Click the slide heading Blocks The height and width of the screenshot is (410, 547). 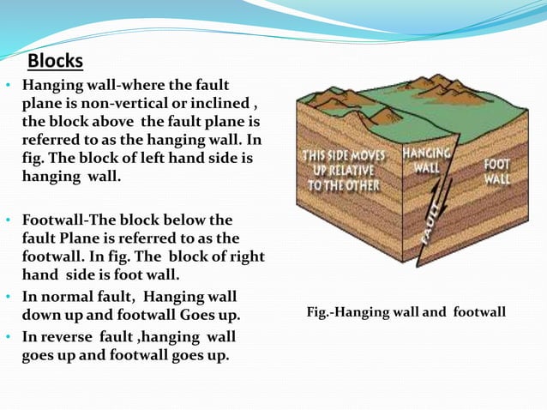tap(56, 62)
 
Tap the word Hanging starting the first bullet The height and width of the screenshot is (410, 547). tap(51, 86)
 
